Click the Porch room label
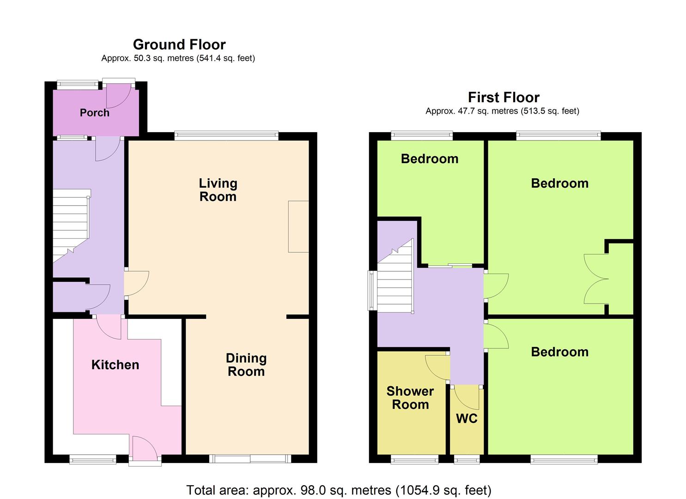pyautogui.click(x=94, y=113)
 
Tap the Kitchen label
pyautogui.click(x=115, y=365)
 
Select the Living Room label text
pyautogui.click(x=218, y=190)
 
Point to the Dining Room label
pyautogui.click(x=246, y=365)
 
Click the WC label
pyautogui.click(x=467, y=419)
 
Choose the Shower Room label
pyautogui.click(x=410, y=398)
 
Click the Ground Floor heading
pyautogui.click(x=179, y=45)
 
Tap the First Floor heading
pyautogui.click(x=504, y=97)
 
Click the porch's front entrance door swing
pyautogui.click(x=119, y=96)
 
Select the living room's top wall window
pyautogui.click(x=226, y=136)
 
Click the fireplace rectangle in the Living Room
pyautogui.click(x=298, y=227)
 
